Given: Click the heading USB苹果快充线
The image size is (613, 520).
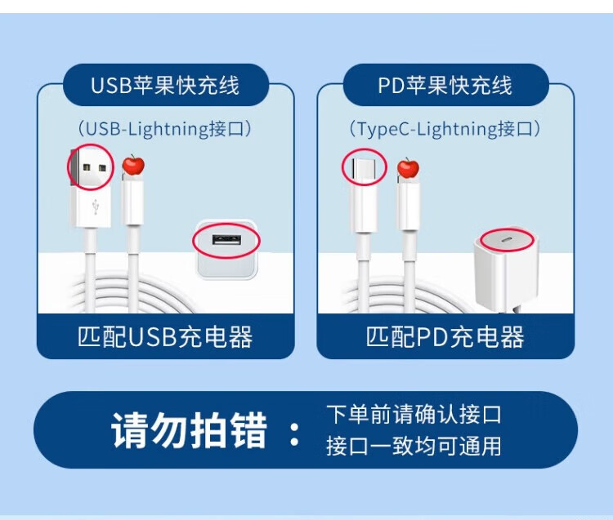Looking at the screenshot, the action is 165,85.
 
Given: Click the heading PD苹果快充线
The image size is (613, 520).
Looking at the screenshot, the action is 445,85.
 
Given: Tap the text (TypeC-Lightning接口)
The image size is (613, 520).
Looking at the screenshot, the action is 445,128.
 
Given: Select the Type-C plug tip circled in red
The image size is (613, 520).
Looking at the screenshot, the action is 363,168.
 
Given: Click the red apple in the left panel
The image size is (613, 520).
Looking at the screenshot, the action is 133,166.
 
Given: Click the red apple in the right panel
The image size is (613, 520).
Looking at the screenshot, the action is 408,168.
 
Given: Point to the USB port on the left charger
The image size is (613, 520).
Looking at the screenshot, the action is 226,241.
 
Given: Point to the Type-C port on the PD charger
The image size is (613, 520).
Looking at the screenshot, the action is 506,240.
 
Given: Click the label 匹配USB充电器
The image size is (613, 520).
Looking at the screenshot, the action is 165,337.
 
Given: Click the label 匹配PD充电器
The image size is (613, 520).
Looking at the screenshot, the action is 445,337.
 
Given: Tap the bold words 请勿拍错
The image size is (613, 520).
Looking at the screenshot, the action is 190,430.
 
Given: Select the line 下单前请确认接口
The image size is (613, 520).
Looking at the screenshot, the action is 413,414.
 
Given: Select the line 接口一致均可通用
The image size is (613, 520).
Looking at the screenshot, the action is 413,446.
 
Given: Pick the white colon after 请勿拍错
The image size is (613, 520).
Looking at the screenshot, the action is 295,432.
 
